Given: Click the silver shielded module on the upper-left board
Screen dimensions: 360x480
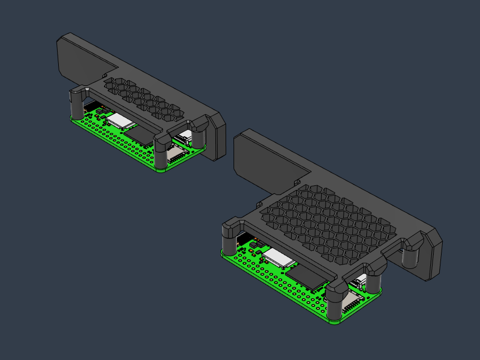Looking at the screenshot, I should pos(120,119).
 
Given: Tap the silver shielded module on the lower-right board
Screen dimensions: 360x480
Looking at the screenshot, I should pos(279,257).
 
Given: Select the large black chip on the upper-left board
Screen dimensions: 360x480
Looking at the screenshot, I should pos(143,134).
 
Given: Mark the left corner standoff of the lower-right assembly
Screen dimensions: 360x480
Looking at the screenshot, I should pos(230,240).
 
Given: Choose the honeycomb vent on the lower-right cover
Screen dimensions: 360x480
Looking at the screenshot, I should pos(328,226).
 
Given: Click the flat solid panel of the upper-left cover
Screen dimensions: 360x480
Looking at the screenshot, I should pos(82,57).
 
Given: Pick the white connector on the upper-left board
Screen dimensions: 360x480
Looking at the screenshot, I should pos(184,136).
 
